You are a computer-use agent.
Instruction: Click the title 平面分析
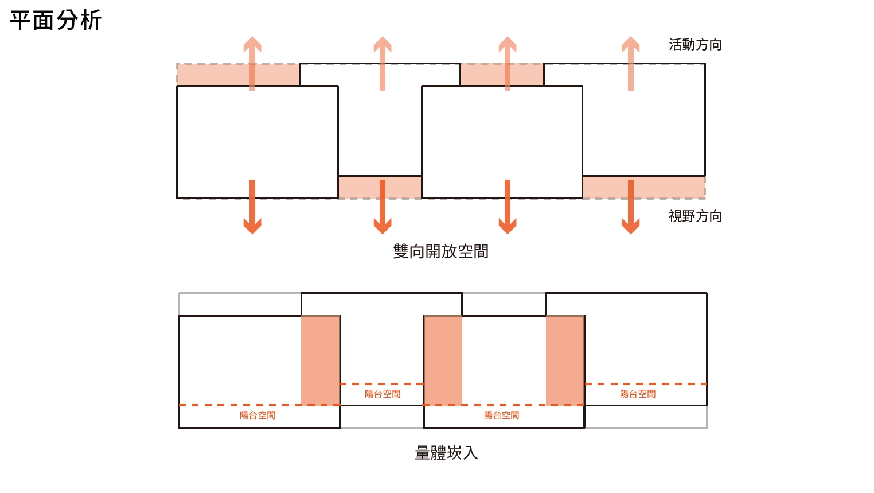tap(56, 21)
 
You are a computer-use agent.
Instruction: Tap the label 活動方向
tap(695, 45)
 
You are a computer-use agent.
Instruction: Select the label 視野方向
tap(695, 216)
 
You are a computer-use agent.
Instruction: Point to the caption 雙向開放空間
tap(440, 251)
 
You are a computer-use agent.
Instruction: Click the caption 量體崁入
tap(446, 453)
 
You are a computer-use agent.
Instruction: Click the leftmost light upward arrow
tap(252, 63)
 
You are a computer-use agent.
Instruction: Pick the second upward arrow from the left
tap(383, 63)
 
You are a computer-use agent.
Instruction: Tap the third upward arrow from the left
tap(508, 63)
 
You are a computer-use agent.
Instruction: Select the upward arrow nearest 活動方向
tap(631, 63)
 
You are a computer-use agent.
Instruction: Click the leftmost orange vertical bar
tap(320, 360)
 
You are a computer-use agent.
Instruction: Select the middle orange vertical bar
tap(443, 360)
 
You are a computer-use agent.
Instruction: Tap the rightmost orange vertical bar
tap(565, 360)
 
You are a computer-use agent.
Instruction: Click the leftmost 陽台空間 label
tap(257, 416)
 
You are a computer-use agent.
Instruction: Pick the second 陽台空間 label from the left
tap(383, 394)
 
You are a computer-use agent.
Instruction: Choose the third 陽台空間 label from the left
tap(501, 416)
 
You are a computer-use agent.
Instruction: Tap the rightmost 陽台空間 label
tap(638, 394)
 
